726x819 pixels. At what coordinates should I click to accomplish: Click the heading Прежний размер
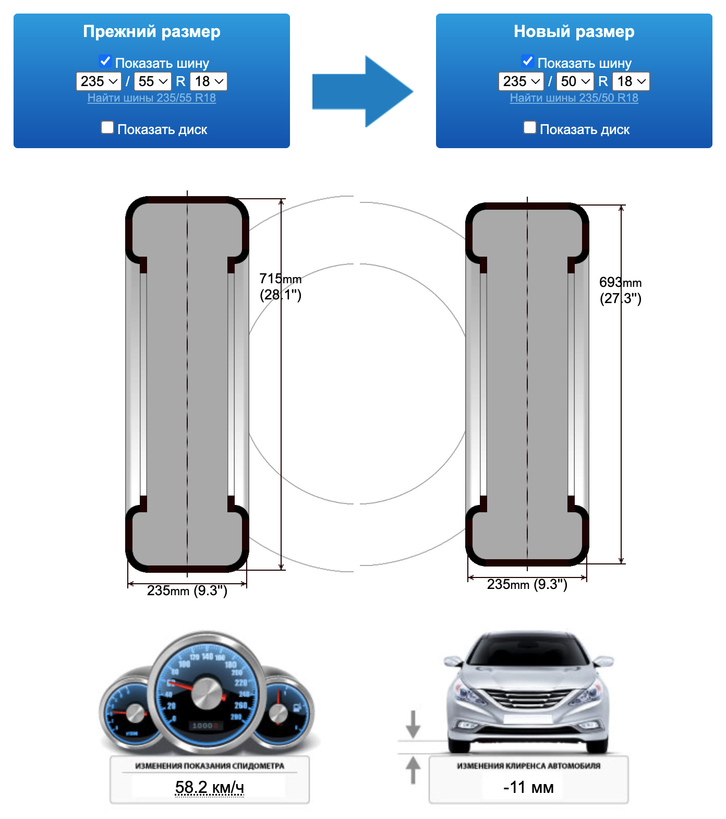[151, 32]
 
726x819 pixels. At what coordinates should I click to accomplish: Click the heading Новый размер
[574, 32]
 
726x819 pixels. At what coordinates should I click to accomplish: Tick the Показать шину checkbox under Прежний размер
[105, 61]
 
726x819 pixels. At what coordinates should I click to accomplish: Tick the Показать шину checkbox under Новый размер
[528, 61]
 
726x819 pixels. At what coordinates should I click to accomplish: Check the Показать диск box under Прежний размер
[107, 127]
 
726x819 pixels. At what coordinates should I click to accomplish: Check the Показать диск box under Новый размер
[530, 127]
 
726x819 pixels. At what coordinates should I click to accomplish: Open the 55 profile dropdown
[153, 81]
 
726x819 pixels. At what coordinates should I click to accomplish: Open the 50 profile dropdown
[575, 81]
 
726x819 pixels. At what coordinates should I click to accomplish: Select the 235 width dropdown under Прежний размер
[99, 81]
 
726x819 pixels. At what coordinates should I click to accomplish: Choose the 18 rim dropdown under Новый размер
[631, 81]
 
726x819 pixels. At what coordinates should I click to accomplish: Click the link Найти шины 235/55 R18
[151, 98]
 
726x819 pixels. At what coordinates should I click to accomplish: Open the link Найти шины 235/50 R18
[574, 98]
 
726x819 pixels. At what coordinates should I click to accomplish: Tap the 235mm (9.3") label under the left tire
[187, 591]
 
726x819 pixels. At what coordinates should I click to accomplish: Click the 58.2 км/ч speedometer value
[209, 787]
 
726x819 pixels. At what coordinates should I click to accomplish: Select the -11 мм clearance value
[528, 787]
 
